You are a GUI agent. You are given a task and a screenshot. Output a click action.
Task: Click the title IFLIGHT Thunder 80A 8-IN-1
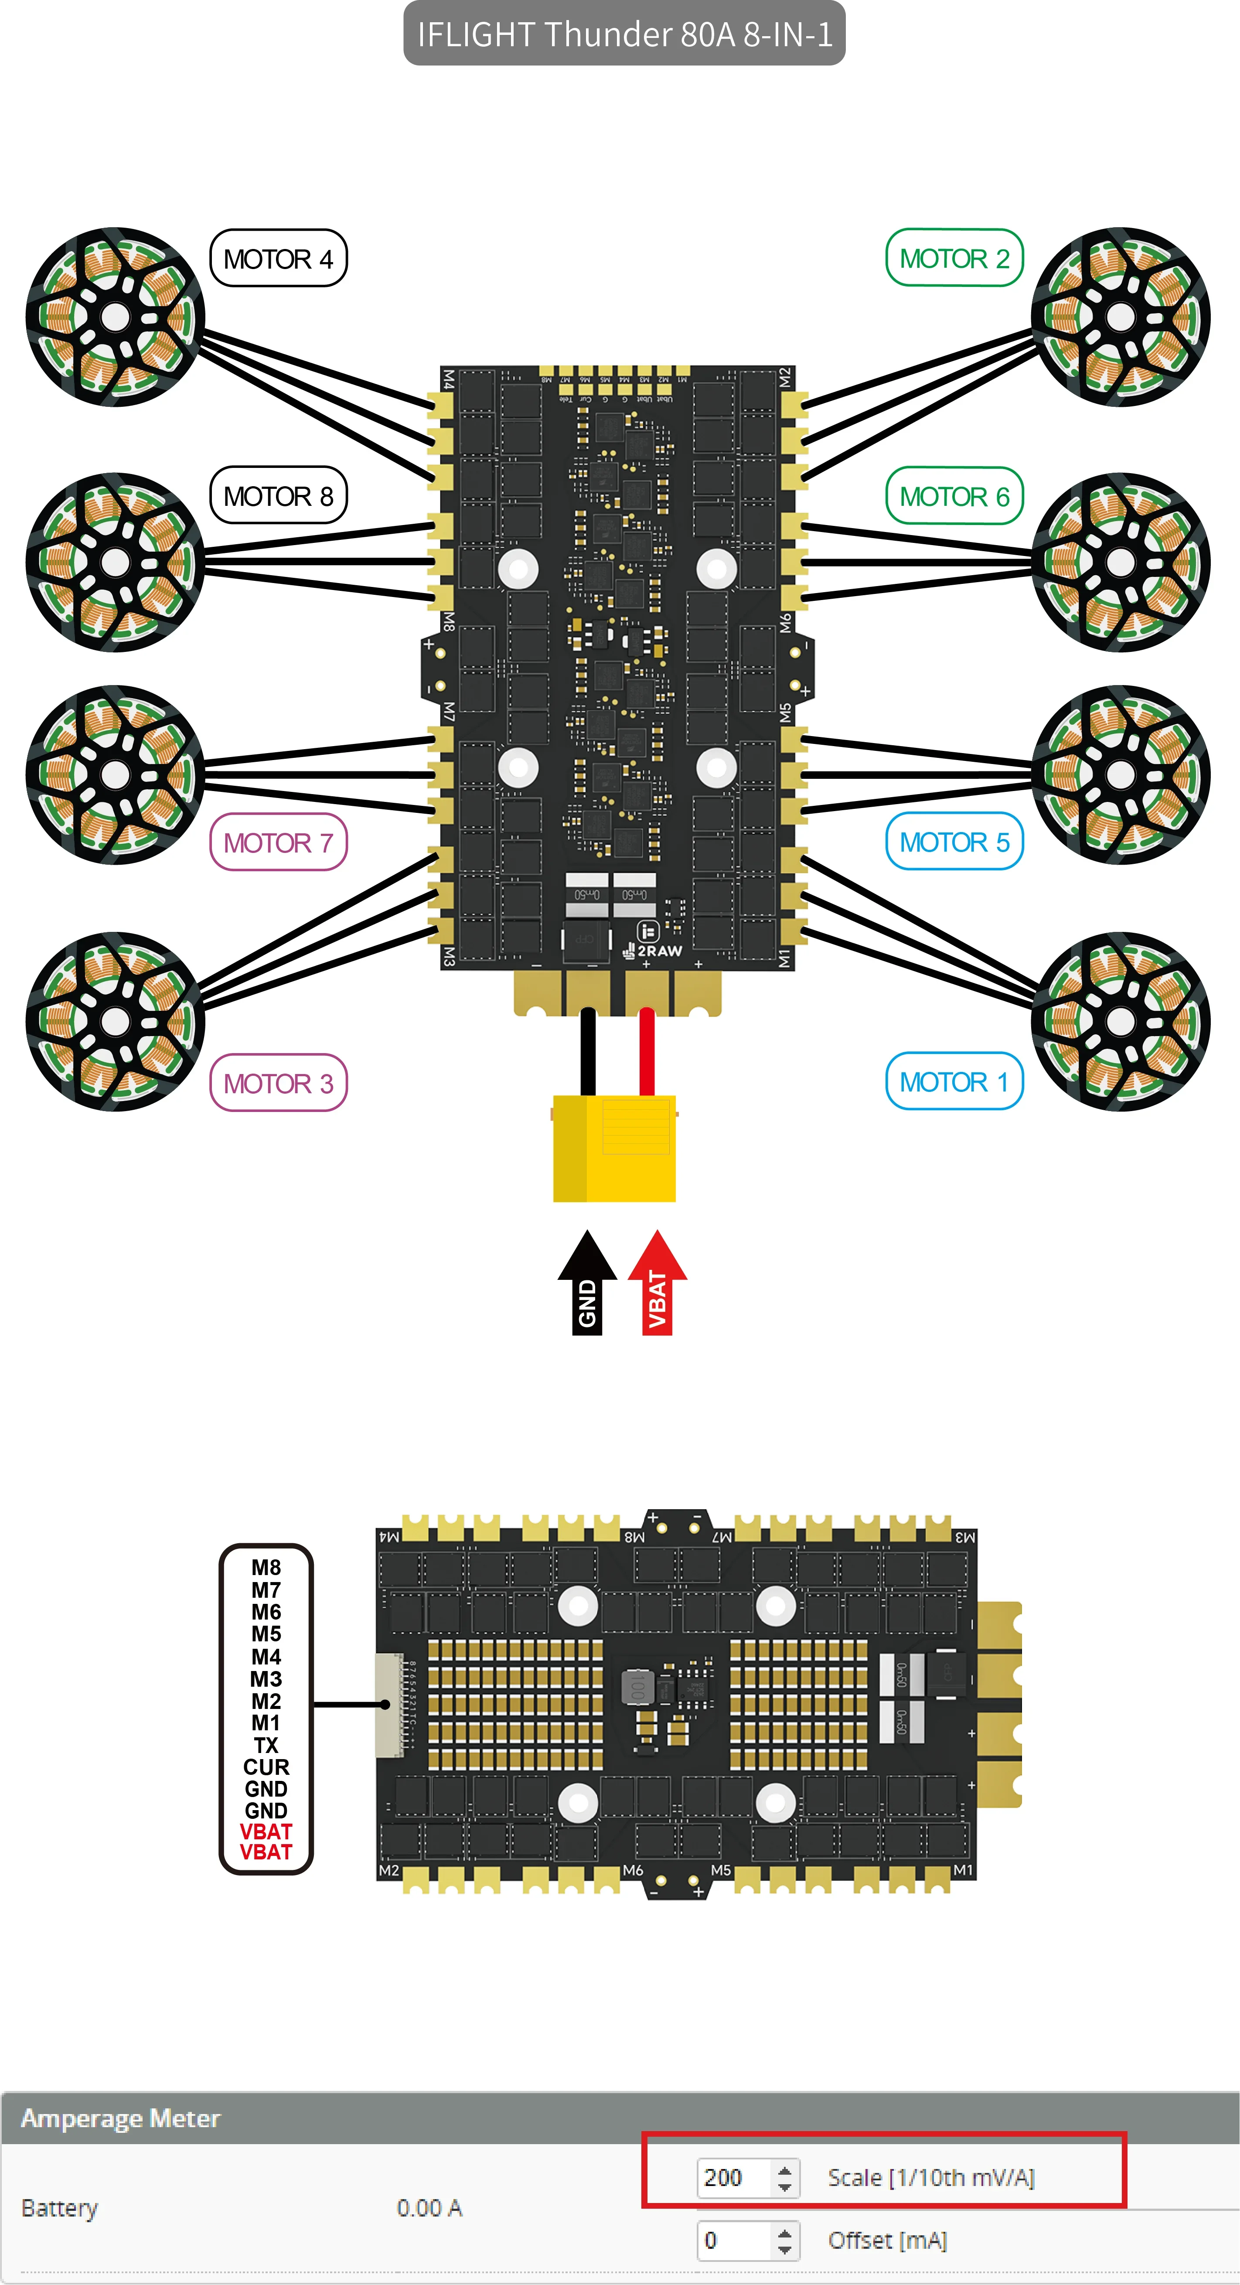[x=624, y=34]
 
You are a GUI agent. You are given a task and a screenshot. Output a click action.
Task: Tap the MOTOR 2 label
[x=954, y=258]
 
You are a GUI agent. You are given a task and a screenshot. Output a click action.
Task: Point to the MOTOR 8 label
[x=278, y=496]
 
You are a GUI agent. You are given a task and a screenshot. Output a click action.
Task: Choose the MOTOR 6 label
[x=954, y=496]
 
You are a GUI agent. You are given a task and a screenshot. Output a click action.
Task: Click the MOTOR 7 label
[x=278, y=842]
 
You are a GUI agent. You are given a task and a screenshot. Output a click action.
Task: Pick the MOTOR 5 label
[x=954, y=842]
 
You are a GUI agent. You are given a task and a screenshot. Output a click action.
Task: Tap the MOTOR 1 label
[x=954, y=1081]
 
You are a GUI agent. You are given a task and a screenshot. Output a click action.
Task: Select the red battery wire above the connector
[x=647, y=1051]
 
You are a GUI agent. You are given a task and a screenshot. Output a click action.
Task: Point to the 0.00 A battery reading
[x=429, y=2208]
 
